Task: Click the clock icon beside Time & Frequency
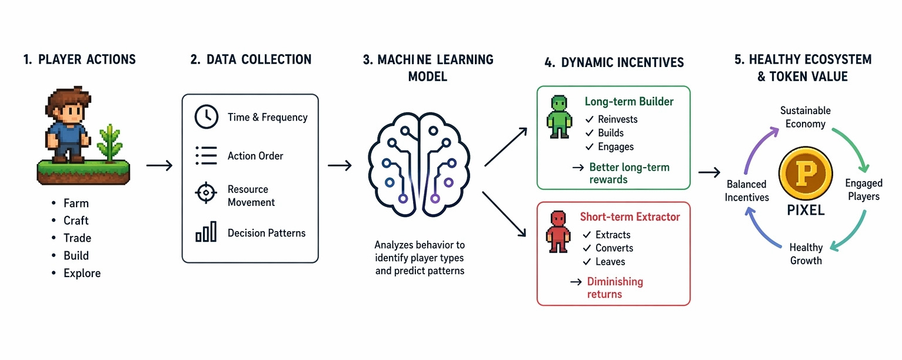[x=207, y=117]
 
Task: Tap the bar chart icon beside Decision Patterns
[x=206, y=232]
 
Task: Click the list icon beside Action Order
[x=206, y=156]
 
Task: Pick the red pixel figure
[x=560, y=232]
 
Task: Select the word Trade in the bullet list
[x=77, y=238]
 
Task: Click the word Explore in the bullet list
[x=82, y=274]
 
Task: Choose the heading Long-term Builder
[x=629, y=102]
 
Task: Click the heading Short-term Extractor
[x=630, y=217]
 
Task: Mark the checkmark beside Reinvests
[x=589, y=119]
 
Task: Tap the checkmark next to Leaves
[x=587, y=262]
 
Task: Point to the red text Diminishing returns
[x=615, y=288]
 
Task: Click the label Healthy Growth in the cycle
[x=806, y=254]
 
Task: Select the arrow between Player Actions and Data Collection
[x=159, y=166]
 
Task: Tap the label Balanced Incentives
[x=747, y=191]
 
